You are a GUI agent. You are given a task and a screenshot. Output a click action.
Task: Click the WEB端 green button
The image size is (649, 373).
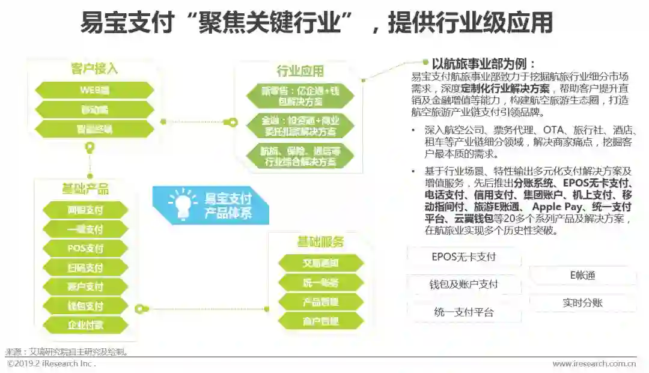pos(94,90)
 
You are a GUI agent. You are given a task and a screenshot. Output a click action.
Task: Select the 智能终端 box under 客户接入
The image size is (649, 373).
pos(94,129)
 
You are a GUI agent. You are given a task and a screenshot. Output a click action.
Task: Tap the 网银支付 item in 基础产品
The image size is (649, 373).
pos(85,210)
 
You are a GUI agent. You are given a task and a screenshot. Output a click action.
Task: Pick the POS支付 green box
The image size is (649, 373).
pos(85,248)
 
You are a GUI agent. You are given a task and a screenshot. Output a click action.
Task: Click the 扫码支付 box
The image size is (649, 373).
pos(85,267)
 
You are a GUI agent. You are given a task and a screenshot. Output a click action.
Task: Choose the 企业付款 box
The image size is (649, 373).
pos(85,324)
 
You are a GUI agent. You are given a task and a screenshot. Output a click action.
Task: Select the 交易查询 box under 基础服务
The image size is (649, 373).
pos(321,263)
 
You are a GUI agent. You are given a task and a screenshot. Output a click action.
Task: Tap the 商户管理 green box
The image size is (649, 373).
pos(321,321)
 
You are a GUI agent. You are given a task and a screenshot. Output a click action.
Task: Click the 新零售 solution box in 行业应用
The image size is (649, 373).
pos(300,96)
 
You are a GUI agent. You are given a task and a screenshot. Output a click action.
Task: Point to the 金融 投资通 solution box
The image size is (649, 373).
pos(300,125)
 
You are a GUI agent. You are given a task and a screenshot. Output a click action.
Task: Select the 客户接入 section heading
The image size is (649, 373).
pos(94,68)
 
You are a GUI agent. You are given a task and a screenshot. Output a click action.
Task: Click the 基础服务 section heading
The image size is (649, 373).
pos(321,242)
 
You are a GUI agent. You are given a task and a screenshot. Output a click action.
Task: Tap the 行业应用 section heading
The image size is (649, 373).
pos(300,71)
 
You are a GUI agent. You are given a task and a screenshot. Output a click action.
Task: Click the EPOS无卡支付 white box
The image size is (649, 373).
pos(464,257)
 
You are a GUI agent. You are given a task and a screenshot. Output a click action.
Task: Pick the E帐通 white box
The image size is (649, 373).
pos(582,275)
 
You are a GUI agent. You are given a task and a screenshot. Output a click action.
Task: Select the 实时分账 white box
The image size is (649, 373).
pos(582,303)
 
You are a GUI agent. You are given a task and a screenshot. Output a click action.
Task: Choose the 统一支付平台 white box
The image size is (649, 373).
pos(464,312)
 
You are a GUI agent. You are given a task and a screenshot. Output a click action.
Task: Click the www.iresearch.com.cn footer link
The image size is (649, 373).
pos(594,363)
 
